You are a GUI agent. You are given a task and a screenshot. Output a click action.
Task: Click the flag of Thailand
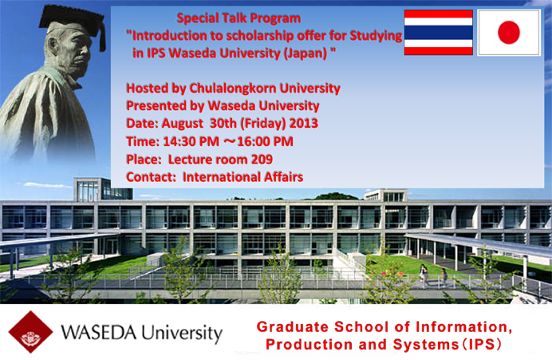point(438,33)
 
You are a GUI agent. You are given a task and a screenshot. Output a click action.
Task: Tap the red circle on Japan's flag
point(509,33)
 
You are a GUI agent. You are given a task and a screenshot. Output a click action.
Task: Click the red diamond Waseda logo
point(30,332)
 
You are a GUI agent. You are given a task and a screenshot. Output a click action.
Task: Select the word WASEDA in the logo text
point(99,333)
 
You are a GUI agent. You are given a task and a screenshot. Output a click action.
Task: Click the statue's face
point(73,49)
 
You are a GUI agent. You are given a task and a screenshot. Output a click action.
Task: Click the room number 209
point(262,159)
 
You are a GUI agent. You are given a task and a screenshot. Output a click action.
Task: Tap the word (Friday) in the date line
point(263,124)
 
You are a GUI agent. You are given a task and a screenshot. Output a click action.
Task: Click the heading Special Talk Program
point(239,18)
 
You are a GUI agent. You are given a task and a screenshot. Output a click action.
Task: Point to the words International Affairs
point(243,177)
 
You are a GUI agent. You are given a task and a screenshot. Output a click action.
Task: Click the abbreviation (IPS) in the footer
point(480,344)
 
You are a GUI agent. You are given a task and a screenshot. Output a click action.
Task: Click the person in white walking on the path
point(424,275)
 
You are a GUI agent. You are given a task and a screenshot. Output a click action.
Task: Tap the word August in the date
point(183,124)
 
